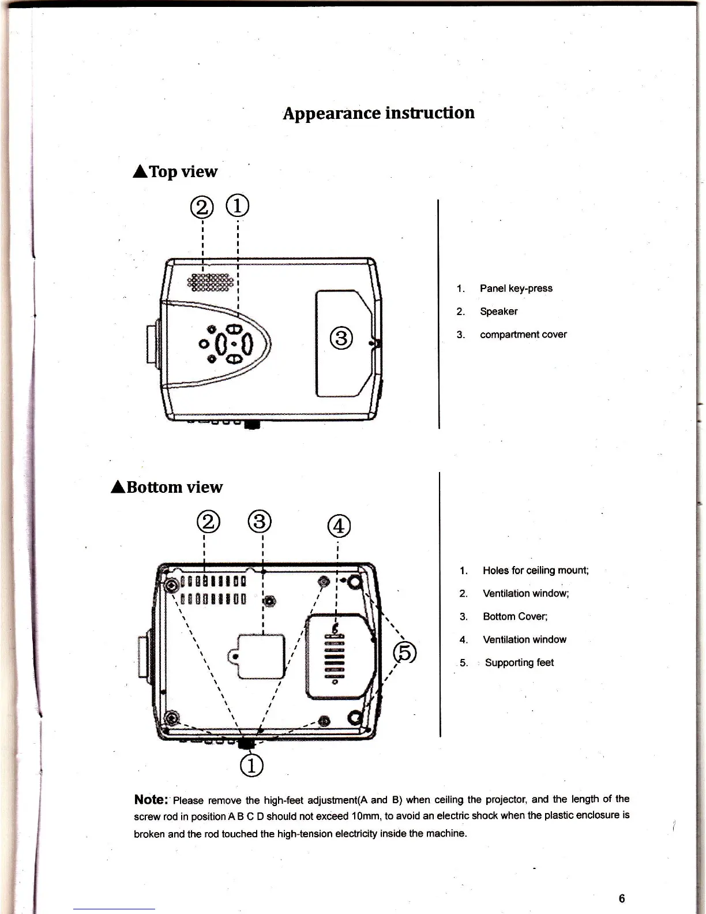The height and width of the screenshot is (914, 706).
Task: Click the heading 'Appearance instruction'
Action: (x=378, y=113)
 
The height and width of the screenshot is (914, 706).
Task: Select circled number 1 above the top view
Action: (x=238, y=205)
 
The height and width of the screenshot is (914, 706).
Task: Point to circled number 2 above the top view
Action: (x=201, y=207)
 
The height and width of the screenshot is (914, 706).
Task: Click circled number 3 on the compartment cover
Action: (x=341, y=337)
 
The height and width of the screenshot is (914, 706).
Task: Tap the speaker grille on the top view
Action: (x=211, y=281)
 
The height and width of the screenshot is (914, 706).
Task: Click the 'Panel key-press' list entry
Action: (x=516, y=288)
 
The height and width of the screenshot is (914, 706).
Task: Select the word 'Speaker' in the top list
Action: (x=498, y=311)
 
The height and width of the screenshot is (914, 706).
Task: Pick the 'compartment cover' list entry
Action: (x=523, y=334)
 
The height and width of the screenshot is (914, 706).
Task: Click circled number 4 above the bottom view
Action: (x=338, y=526)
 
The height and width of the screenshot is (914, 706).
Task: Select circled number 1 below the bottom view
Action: (x=251, y=765)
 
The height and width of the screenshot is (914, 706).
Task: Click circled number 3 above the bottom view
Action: (x=260, y=522)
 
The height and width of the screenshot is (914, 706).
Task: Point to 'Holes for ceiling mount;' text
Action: (x=535, y=570)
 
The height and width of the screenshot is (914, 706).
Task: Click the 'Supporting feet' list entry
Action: (x=519, y=662)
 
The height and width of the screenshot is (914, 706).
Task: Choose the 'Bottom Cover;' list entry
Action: (x=515, y=616)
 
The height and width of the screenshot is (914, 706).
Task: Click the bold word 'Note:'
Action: (x=151, y=799)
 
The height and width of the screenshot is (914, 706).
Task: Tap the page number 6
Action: (x=621, y=898)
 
